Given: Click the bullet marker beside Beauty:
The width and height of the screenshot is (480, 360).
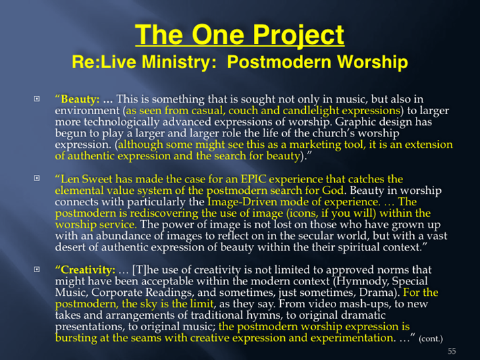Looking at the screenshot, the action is (x=36, y=99).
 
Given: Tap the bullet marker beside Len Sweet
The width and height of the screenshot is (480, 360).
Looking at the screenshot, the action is (x=36, y=178).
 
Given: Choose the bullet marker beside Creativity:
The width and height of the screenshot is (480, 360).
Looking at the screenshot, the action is (x=36, y=269).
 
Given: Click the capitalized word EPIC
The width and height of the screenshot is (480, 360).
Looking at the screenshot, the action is (x=253, y=179).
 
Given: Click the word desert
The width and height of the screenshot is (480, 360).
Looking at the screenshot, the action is (x=70, y=247).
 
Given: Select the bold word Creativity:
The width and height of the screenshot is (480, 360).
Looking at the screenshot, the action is (x=88, y=270).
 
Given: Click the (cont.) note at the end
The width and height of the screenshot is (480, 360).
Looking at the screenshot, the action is (x=431, y=339).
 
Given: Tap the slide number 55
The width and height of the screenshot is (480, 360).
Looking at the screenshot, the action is (x=452, y=351).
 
